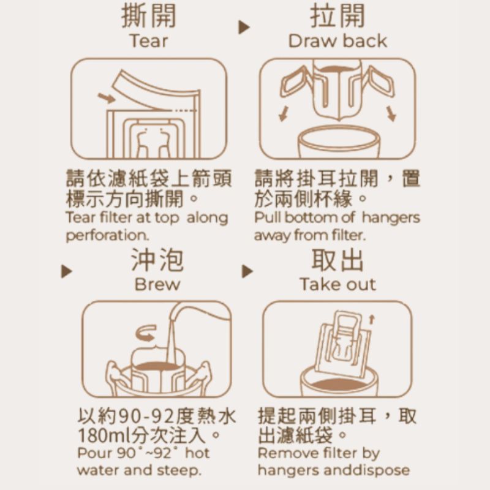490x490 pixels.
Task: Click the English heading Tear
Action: (x=149, y=41)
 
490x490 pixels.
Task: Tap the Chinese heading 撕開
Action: (x=149, y=16)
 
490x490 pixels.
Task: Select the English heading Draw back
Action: (x=337, y=41)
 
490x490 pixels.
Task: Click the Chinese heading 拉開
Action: (x=337, y=16)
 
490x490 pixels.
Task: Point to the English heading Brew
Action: (x=157, y=284)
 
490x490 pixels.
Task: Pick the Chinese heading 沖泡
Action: (x=157, y=260)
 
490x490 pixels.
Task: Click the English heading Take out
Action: (x=338, y=284)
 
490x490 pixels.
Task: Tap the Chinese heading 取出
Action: (x=337, y=260)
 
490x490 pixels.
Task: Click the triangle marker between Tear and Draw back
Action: (x=244, y=27)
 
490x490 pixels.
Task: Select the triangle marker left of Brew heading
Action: (x=66, y=271)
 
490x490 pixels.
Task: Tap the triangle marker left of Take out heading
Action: (x=247, y=271)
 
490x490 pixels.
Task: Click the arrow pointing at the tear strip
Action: (x=107, y=98)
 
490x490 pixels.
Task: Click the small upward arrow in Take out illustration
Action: (x=372, y=320)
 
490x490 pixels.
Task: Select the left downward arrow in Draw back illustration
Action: (x=284, y=114)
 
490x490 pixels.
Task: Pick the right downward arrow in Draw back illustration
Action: (x=391, y=114)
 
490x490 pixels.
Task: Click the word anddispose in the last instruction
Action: (x=366, y=470)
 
